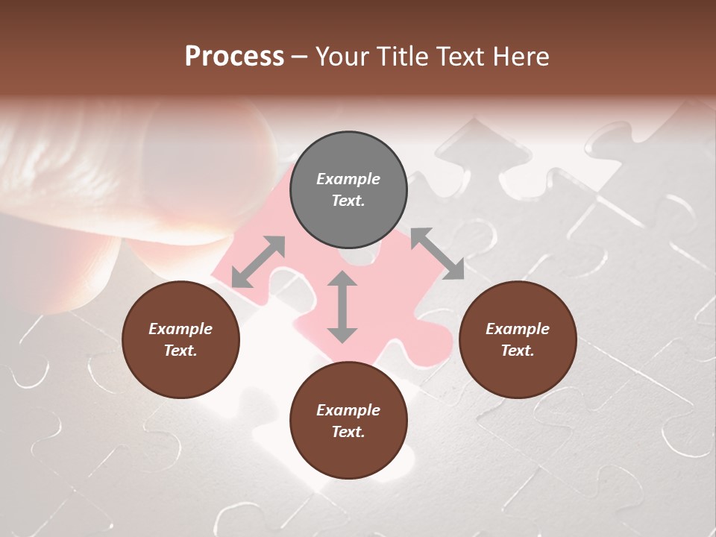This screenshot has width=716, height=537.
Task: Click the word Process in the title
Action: click(x=234, y=57)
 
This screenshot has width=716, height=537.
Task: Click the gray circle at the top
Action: click(x=348, y=190)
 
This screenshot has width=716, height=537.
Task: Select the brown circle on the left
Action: click(x=180, y=339)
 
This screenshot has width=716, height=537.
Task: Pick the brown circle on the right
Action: click(x=518, y=339)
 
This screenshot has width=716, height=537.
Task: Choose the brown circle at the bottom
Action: click(x=348, y=421)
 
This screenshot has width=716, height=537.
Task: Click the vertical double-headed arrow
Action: click(x=342, y=307)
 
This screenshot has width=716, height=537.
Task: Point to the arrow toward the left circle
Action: click(x=258, y=262)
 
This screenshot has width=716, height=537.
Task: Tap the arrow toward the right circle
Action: click(x=437, y=254)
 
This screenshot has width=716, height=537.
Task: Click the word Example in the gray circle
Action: click(x=348, y=179)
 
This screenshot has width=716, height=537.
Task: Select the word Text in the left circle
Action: click(x=180, y=351)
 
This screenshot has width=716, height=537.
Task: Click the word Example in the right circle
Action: click(x=518, y=329)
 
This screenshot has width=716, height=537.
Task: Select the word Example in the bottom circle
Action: click(x=348, y=410)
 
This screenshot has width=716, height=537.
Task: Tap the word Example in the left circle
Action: click(x=180, y=329)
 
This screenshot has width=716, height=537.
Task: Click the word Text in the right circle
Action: click(x=517, y=351)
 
